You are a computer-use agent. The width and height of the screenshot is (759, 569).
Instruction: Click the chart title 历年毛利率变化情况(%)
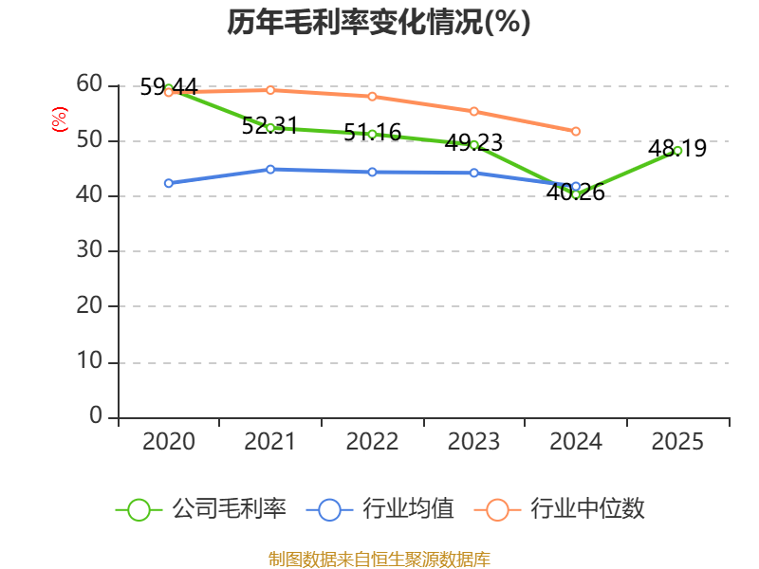click(379, 23)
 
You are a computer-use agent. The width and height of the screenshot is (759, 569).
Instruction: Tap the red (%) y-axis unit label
click(60, 119)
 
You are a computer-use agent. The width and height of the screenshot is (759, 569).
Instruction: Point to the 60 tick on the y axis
click(89, 84)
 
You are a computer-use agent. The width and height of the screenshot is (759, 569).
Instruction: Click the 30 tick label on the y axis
click(89, 251)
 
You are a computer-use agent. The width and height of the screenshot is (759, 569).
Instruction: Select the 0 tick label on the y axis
click(96, 416)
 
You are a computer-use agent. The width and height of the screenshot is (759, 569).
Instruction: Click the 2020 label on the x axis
click(169, 442)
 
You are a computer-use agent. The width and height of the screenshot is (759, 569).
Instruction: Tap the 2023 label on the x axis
click(473, 442)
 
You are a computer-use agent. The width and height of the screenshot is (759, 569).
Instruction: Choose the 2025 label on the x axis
click(677, 442)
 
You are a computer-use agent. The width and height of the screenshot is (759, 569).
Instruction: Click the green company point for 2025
click(677, 150)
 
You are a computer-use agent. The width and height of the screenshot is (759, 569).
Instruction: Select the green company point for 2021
click(270, 127)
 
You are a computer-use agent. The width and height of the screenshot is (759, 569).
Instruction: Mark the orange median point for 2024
click(576, 131)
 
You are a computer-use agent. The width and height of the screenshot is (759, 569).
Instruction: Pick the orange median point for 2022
click(372, 96)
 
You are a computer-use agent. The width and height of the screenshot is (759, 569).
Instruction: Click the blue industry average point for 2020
click(169, 183)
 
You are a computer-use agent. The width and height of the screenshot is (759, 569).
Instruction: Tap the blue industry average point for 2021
click(270, 169)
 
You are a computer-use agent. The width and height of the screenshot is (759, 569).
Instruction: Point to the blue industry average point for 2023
click(473, 173)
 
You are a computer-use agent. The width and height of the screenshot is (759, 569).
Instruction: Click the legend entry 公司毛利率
click(200, 509)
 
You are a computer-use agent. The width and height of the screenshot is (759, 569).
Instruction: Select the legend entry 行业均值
click(380, 509)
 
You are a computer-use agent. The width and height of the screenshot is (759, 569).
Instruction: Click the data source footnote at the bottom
click(379, 559)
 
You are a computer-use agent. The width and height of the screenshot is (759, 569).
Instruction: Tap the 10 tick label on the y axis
click(89, 362)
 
